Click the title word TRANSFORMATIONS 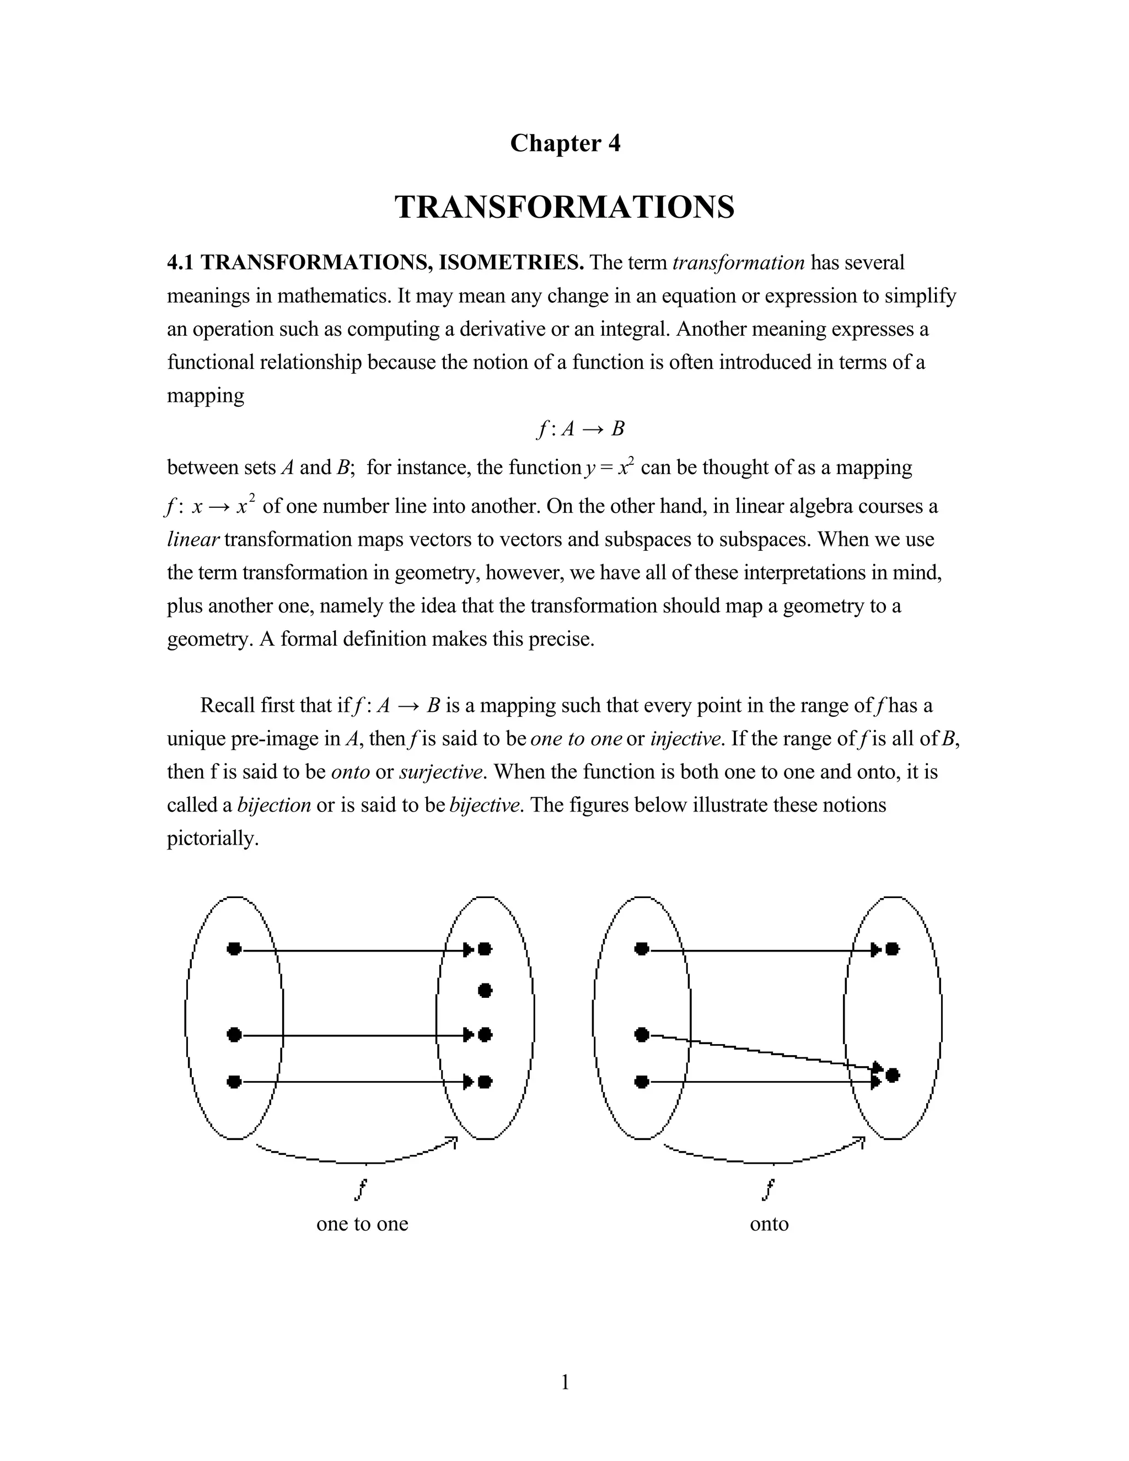564,207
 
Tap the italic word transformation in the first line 738,262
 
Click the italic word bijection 274,805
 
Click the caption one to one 362,1224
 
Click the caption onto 769,1224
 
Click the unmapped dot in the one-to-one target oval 486,990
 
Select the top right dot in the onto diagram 893,949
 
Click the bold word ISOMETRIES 511,262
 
